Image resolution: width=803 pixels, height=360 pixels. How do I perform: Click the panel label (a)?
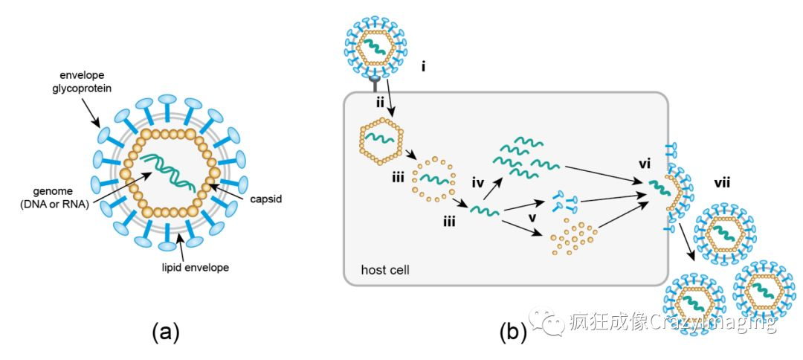pos(165,332)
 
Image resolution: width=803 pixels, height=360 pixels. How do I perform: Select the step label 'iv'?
pos(478,181)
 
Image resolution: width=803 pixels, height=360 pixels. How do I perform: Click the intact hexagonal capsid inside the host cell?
pos(381,138)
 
